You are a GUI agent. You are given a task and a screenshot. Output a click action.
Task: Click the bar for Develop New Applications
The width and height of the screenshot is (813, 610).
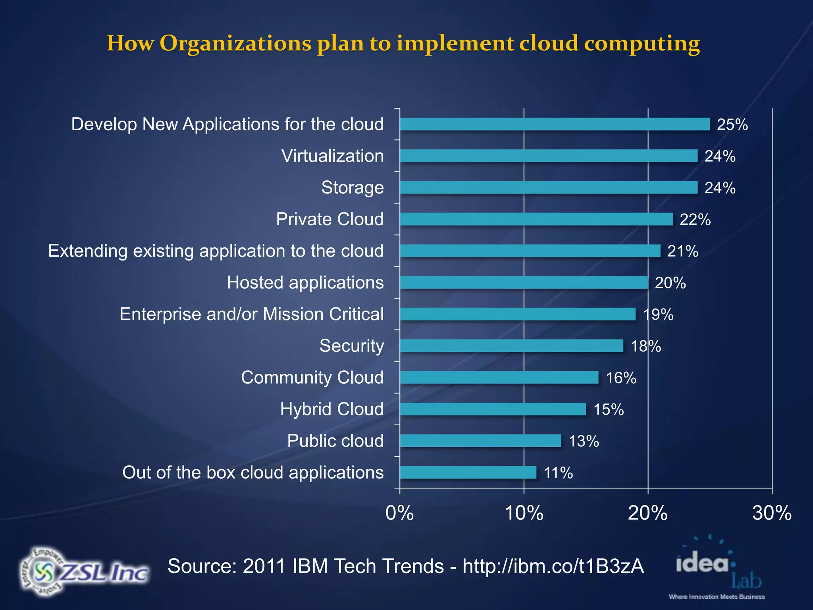[x=555, y=124]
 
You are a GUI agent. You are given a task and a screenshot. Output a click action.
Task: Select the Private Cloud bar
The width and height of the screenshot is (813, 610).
[x=536, y=219]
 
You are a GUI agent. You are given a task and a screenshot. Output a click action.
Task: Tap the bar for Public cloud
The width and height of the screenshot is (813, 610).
[x=480, y=441]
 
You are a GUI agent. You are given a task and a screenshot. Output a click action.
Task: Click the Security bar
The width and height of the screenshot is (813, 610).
[x=511, y=346]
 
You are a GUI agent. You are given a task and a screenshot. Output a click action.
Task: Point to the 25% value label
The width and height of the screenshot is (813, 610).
[x=732, y=125]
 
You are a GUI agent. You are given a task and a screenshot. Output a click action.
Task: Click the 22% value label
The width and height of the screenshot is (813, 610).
[x=695, y=220]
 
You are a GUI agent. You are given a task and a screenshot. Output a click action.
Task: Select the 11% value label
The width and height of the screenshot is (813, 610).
[x=558, y=473]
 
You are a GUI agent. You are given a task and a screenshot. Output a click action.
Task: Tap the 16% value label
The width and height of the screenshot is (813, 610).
[x=621, y=378]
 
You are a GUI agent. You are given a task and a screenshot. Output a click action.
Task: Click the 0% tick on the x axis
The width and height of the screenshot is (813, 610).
[x=400, y=513]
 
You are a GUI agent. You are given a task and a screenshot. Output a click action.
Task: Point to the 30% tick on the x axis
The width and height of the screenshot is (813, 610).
[x=772, y=513]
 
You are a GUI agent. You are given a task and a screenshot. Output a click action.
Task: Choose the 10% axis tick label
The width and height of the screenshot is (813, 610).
[x=524, y=513]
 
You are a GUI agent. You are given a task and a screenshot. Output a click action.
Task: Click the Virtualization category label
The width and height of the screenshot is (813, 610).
[x=333, y=156]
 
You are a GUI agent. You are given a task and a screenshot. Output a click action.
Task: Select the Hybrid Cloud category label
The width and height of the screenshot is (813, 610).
[x=332, y=409]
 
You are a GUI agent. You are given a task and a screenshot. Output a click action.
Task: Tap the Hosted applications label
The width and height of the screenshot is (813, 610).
[x=305, y=283]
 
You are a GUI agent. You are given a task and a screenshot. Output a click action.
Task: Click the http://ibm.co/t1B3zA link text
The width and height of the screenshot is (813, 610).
[x=553, y=566]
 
